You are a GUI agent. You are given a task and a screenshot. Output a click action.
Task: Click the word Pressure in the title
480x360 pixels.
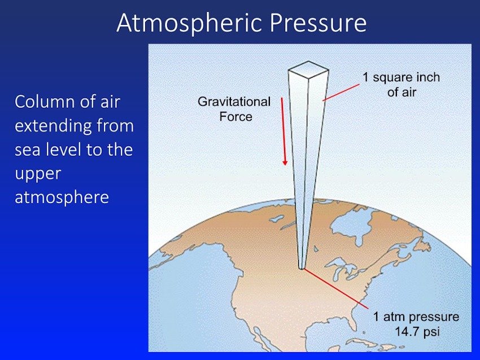pos(318,23)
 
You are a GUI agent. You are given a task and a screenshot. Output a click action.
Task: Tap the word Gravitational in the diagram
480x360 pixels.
pos(234,102)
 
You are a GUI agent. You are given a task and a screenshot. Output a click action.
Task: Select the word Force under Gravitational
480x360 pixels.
pos(235,117)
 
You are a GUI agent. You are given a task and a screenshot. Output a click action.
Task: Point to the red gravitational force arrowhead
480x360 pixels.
pos(285,163)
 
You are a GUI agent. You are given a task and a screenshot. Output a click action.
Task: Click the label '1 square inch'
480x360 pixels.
pos(401,77)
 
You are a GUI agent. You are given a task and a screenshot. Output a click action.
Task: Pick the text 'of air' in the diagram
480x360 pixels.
pos(402,92)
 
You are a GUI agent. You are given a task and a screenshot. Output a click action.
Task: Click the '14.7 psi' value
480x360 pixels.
pos(417,332)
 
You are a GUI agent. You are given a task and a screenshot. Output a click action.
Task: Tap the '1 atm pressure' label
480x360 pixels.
pos(416,317)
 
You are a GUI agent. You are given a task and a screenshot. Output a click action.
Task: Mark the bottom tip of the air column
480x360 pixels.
pos(302,269)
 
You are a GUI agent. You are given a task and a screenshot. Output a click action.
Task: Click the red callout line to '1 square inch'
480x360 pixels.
pos(341,93)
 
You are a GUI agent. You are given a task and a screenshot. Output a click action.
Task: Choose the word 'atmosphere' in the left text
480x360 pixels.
pos(62,197)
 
